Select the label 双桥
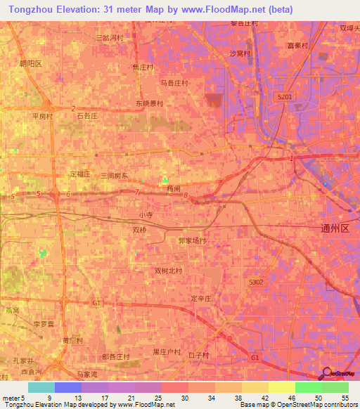[x=141, y=229]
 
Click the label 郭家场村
[x=193, y=240]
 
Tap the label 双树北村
[x=169, y=271]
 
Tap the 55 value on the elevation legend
[x=345, y=398]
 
